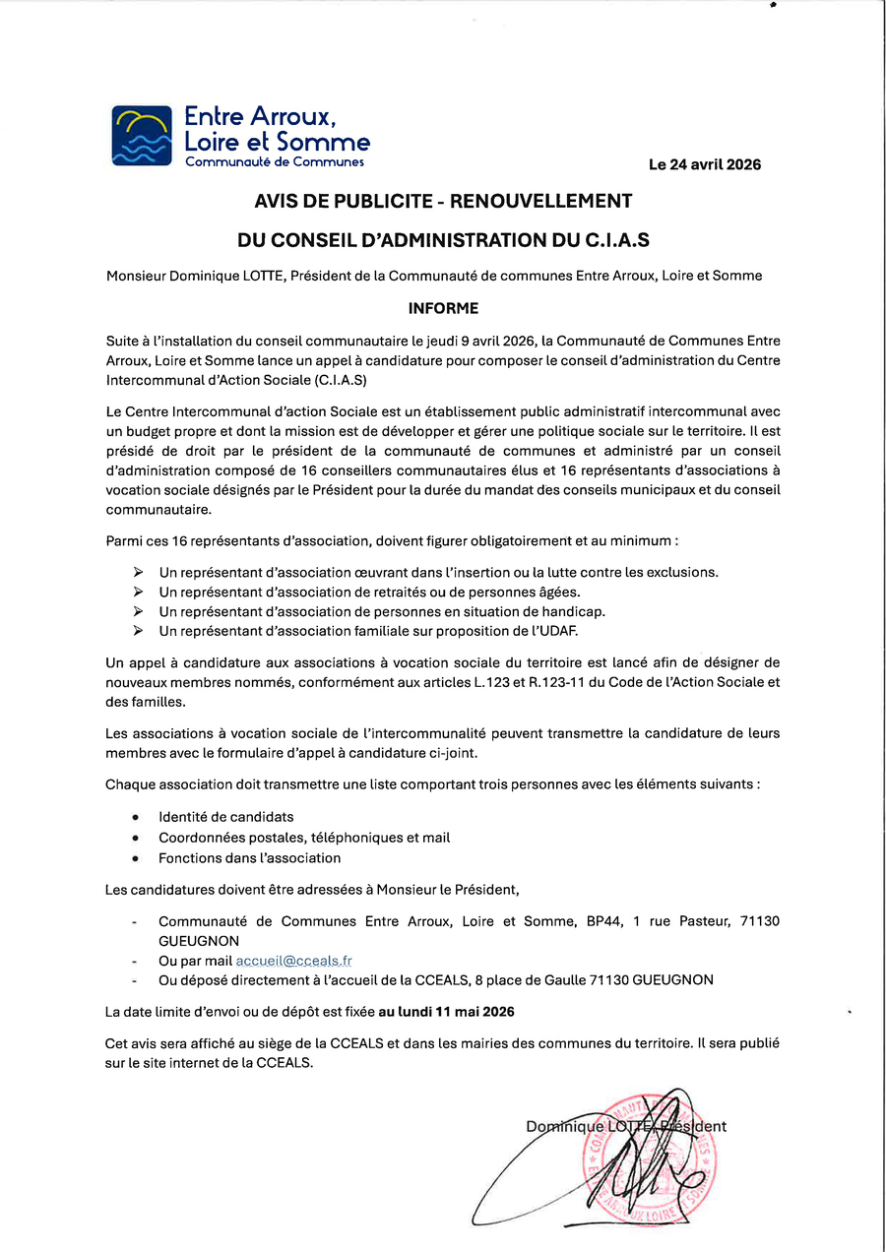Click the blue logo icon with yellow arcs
tap(142, 135)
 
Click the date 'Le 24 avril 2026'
tap(704, 164)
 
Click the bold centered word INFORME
tap(443, 308)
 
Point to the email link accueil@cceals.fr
tap(294, 961)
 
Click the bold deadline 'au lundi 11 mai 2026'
tap(446, 1011)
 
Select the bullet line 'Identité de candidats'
tap(226, 817)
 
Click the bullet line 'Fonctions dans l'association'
tap(250, 858)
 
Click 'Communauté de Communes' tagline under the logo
tap(275, 161)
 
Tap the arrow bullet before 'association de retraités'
tap(138, 592)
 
